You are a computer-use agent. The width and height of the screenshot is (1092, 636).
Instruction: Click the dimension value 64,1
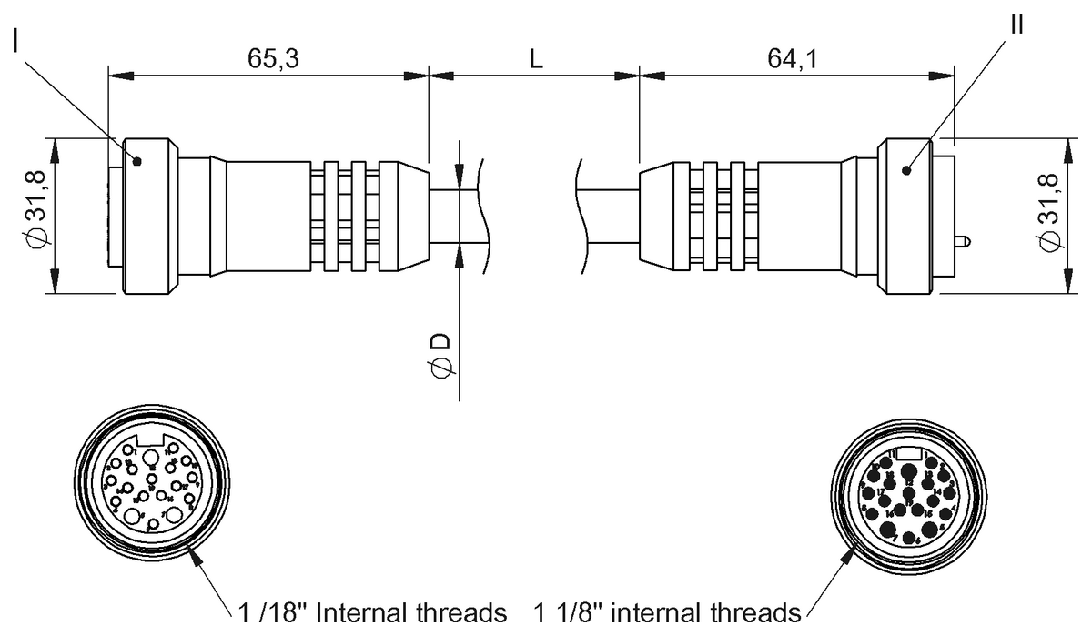(x=793, y=58)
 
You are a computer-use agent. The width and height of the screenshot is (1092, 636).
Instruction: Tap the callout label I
(x=17, y=42)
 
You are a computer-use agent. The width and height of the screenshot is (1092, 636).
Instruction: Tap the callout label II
(x=1016, y=25)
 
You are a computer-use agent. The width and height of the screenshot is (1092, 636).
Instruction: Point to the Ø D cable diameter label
(x=440, y=355)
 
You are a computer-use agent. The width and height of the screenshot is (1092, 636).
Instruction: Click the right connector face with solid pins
(x=908, y=499)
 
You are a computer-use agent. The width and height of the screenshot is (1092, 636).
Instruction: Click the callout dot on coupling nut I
(x=137, y=162)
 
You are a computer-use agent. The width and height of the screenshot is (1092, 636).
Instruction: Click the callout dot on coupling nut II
(x=907, y=170)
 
